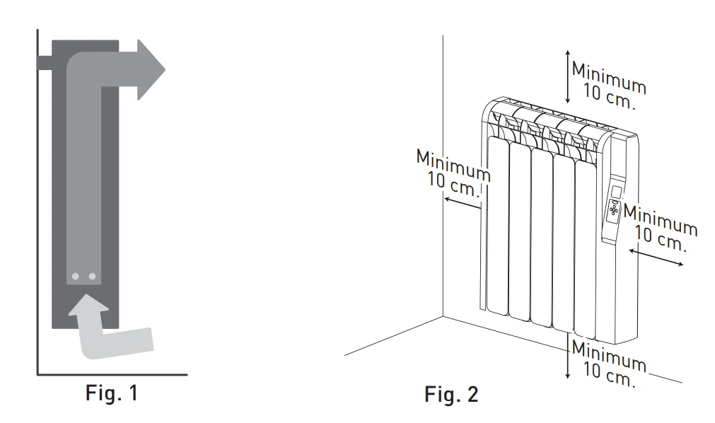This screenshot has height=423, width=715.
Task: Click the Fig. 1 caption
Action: click(112, 393)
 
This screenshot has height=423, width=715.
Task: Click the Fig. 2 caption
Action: click(451, 394)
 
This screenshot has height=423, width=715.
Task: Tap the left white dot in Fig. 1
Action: click(76, 276)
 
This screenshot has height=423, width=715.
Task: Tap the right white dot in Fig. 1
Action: click(92, 276)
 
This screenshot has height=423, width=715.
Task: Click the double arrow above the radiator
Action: click(566, 77)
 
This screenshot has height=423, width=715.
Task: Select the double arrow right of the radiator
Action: click(656, 255)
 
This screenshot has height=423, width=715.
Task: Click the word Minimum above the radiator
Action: click(608, 78)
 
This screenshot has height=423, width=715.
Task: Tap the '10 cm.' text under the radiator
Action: click(610, 375)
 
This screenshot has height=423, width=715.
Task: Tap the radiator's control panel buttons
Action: click(612, 210)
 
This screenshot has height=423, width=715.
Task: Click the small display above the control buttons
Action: click(615, 192)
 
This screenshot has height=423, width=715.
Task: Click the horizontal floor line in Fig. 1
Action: click(113, 373)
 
